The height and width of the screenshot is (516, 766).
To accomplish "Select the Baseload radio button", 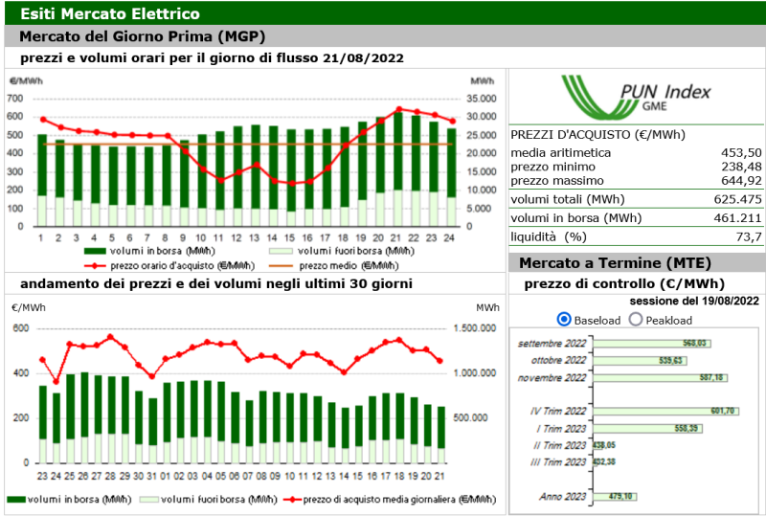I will (x=563, y=320).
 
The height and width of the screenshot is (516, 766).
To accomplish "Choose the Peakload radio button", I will (x=636, y=320).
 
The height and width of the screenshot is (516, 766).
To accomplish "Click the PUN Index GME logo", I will (x=636, y=97).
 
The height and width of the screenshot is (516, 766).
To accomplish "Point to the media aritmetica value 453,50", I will (x=741, y=152).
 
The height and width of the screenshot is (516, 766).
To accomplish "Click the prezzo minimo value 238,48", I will (x=741, y=167).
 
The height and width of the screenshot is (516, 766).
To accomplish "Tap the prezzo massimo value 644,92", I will (x=741, y=180).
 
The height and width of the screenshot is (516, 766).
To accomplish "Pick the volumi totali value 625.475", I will (x=735, y=199).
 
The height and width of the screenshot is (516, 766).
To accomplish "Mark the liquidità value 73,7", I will (x=748, y=236).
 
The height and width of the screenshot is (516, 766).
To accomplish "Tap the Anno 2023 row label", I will (x=563, y=496).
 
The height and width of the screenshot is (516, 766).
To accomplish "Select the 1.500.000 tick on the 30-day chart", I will (x=474, y=328).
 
